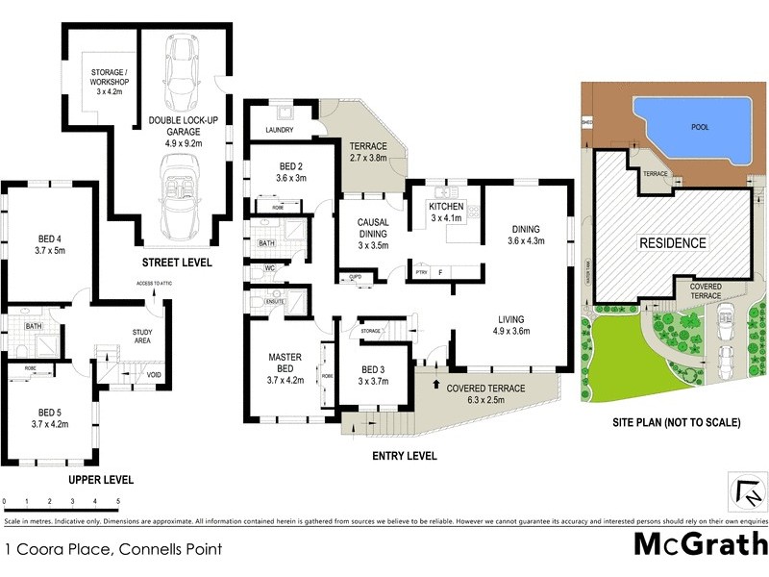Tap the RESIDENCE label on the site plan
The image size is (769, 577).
coord(673,243)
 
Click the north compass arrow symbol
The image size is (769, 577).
coord(749,493)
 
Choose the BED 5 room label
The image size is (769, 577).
coord(52,417)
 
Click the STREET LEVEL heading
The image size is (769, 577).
coord(177,263)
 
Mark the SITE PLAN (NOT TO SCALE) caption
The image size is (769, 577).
coord(676,422)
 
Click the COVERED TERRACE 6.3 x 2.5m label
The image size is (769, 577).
coord(485,393)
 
